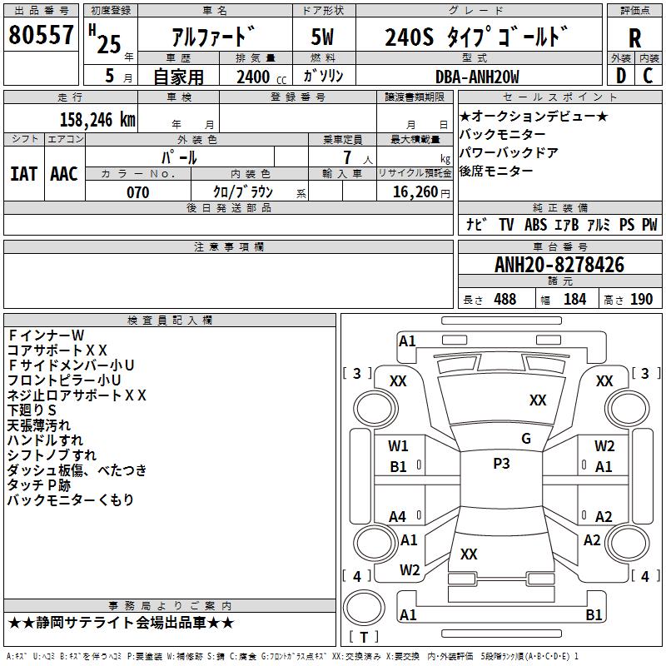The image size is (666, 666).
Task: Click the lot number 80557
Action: pyautogui.click(x=41, y=34)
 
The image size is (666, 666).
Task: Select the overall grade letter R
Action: pyautogui.click(x=634, y=38)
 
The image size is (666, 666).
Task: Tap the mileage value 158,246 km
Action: pyautogui.click(x=97, y=120)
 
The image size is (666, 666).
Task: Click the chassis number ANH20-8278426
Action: pyautogui.click(x=559, y=265)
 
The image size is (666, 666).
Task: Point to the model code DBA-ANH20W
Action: pyautogui.click(x=477, y=77)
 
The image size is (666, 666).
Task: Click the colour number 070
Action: pyautogui.click(x=138, y=192)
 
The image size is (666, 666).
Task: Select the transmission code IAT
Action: pyautogui.click(x=24, y=174)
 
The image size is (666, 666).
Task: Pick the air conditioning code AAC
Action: pyautogui.click(x=64, y=174)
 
